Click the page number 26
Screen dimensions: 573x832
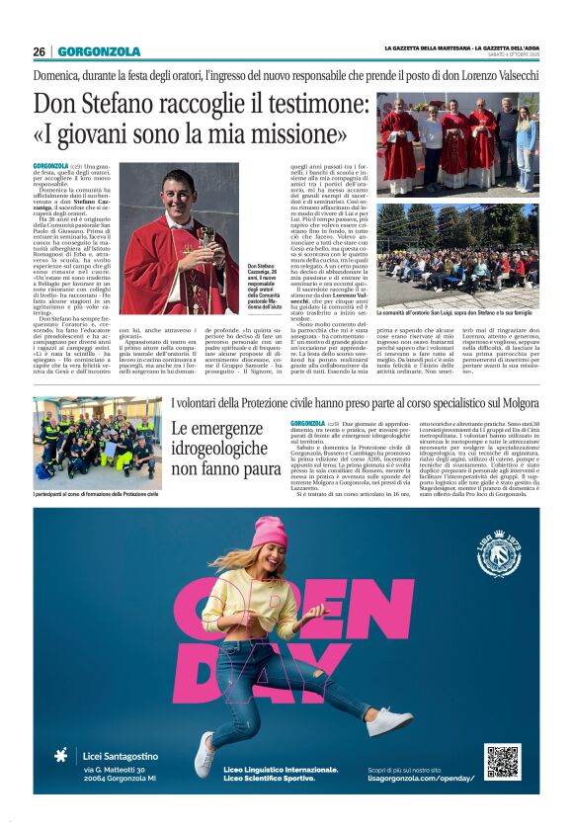(39, 51)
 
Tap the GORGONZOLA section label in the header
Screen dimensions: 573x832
(99, 51)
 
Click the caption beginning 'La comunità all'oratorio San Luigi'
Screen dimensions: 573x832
(457, 311)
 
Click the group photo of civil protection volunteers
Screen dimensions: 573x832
(96, 439)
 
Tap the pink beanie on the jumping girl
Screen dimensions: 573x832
(268, 533)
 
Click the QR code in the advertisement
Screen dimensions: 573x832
(502, 761)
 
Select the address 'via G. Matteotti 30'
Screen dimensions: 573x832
(114, 770)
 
